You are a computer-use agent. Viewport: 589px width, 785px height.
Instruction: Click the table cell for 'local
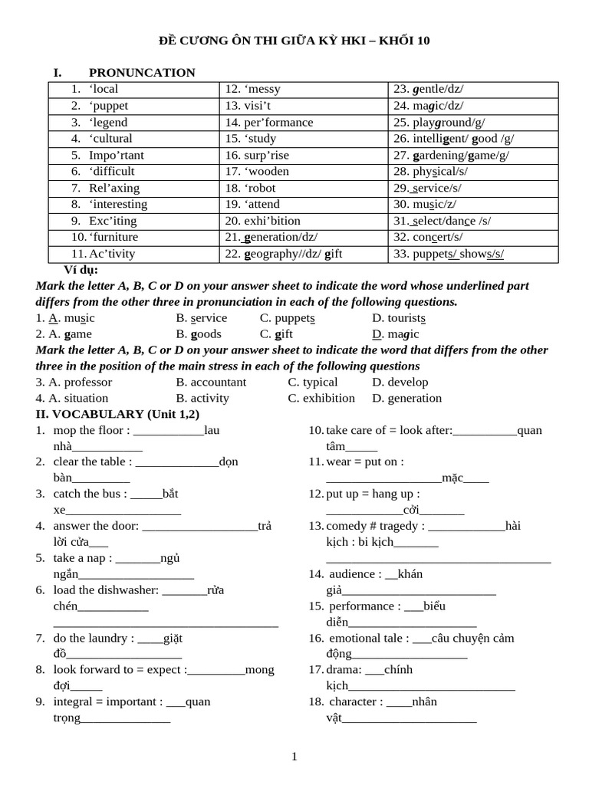click(x=134, y=89)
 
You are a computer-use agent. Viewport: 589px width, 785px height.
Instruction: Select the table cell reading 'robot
click(x=305, y=188)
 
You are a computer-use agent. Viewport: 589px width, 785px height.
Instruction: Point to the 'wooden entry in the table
click(x=305, y=171)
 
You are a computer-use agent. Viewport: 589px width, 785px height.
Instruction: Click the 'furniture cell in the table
click(x=134, y=237)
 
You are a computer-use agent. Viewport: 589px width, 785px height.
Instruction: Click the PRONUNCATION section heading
click(x=142, y=73)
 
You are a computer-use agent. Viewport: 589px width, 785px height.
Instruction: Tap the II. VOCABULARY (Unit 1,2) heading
click(x=117, y=414)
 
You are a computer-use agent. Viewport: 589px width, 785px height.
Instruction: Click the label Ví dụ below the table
click(x=81, y=270)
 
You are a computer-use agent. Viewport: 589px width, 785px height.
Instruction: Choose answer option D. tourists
click(x=399, y=317)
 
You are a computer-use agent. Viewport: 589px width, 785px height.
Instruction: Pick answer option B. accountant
click(x=211, y=382)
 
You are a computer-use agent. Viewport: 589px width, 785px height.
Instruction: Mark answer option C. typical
click(x=312, y=382)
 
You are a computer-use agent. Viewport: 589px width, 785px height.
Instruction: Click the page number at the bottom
click(x=294, y=757)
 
